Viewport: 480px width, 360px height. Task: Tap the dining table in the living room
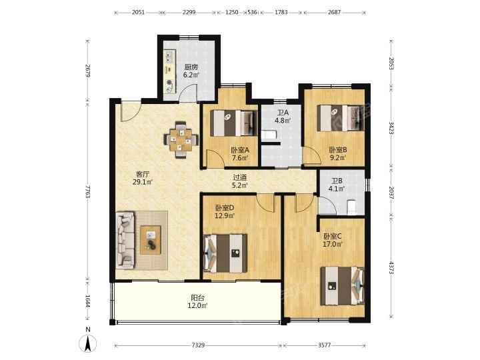[x=181, y=140]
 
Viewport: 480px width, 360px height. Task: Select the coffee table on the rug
[x=150, y=240]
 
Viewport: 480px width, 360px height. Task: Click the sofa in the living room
[x=125, y=240]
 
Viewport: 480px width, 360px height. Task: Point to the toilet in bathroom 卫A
[x=269, y=135]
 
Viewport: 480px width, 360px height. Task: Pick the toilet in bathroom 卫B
[x=351, y=207]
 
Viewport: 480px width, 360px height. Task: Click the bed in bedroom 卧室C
[x=342, y=286]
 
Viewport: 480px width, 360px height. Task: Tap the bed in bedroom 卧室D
[x=225, y=253]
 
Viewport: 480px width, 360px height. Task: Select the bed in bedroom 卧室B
[x=341, y=118]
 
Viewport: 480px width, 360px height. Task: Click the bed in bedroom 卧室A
[x=234, y=123]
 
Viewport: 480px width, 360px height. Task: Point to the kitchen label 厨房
[x=191, y=67]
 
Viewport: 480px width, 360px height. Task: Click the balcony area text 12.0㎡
[x=198, y=305]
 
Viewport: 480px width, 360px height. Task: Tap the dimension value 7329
[x=198, y=345]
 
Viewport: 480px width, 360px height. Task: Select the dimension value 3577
[x=324, y=345]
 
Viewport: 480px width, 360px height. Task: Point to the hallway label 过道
[x=240, y=177]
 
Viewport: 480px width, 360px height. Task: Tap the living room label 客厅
[x=143, y=175]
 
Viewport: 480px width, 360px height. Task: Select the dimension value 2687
[x=334, y=13]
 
